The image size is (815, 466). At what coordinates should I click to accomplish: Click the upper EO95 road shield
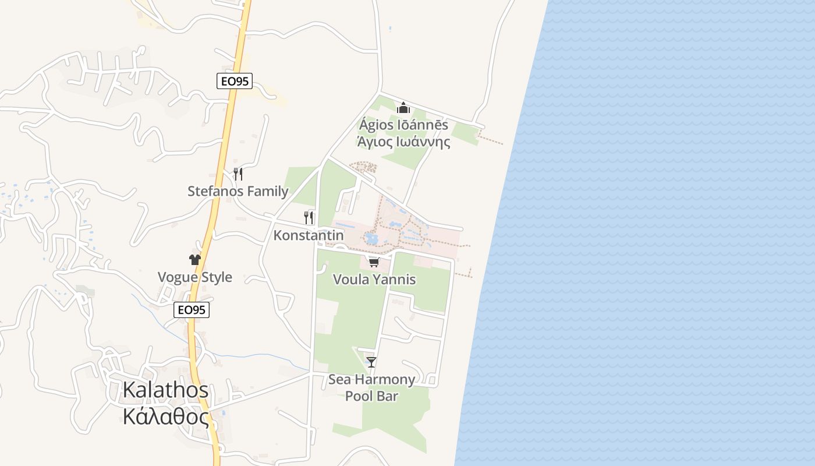(x=235, y=81)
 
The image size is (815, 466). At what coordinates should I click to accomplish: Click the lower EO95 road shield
(x=192, y=310)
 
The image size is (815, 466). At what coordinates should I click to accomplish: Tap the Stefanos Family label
(x=238, y=191)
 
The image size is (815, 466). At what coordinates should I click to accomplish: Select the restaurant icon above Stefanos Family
(x=238, y=174)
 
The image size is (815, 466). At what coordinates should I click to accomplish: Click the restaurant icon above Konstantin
(x=309, y=217)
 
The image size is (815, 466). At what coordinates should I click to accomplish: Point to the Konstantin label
(x=309, y=235)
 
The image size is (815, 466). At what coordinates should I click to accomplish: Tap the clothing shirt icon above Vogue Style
(x=194, y=260)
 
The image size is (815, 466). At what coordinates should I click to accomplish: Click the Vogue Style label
(x=195, y=277)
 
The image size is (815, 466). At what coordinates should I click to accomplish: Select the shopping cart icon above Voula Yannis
(x=374, y=262)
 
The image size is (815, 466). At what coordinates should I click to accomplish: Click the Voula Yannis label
(x=374, y=280)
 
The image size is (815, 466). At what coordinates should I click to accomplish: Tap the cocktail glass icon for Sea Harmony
(x=371, y=362)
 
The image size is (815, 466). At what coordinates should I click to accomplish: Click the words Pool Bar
(x=371, y=396)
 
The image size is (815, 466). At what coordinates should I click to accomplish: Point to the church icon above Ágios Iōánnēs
(x=403, y=108)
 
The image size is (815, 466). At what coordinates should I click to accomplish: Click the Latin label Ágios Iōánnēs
(x=403, y=125)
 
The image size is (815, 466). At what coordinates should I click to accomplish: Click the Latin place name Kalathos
(x=165, y=390)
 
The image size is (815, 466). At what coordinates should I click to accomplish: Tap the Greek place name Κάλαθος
(x=165, y=416)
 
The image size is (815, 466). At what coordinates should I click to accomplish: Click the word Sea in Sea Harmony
(x=341, y=380)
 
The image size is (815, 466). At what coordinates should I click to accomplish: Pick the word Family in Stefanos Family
(x=267, y=191)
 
